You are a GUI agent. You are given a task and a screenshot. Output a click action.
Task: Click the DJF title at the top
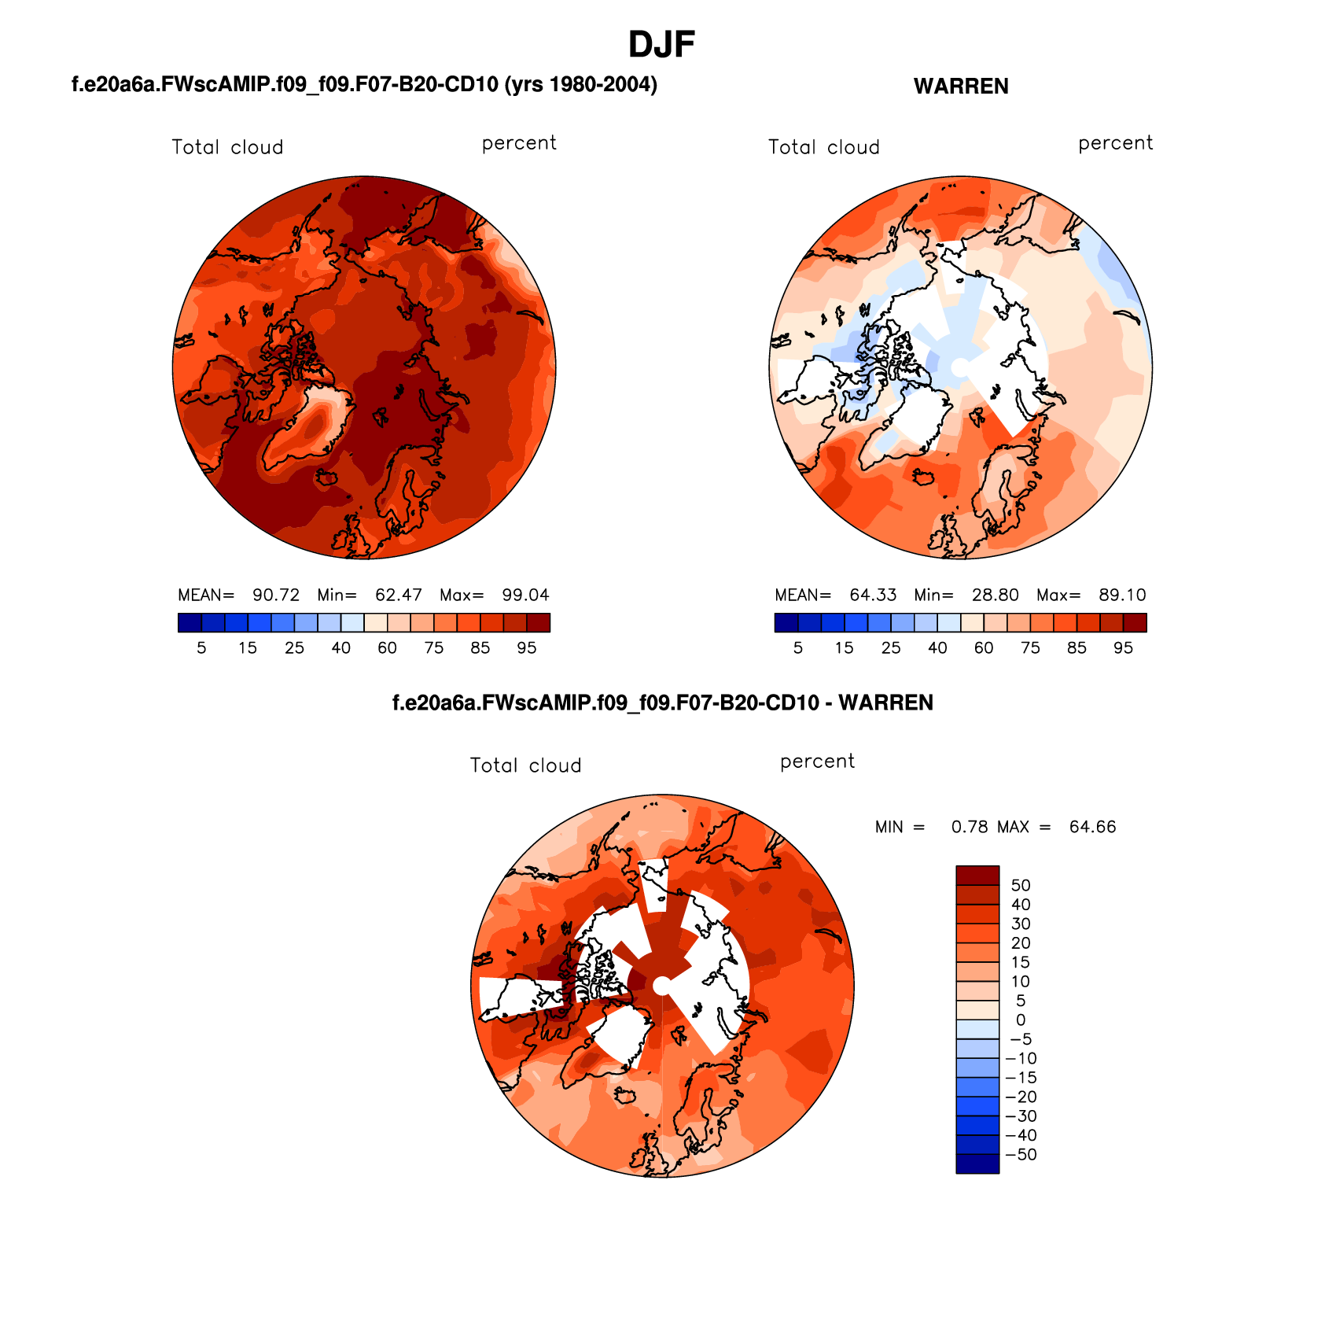point(661,45)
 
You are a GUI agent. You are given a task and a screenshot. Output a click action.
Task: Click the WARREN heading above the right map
point(960,87)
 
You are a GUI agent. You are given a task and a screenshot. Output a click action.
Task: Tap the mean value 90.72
point(275,595)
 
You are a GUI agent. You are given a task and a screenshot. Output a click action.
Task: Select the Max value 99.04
point(525,595)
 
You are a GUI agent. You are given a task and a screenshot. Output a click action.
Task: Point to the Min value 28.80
point(995,595)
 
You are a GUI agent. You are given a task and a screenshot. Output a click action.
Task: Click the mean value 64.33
point(872,595)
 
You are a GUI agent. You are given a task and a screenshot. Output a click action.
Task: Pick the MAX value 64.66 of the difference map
point(1092,827)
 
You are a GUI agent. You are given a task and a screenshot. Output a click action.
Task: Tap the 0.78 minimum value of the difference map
point(969,827)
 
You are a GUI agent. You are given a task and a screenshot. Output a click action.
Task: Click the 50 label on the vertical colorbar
point(1020,885)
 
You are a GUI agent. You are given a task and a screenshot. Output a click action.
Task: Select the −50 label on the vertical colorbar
point(1021,1154)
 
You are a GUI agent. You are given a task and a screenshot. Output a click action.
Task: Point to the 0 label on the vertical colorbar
point(1020,1020)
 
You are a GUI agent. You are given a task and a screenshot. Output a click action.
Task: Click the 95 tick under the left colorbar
point(526,647)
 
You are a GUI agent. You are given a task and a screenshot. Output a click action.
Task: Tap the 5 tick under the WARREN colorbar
point(797,647)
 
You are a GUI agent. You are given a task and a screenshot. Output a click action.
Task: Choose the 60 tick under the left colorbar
point(387,647)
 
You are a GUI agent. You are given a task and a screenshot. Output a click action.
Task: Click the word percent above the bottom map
point(817,762)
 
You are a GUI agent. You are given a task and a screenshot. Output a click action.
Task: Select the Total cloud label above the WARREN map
point(823,147)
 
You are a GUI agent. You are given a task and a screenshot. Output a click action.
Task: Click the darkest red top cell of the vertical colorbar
point(977,875)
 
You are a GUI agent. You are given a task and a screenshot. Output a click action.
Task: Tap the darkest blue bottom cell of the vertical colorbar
point(977,1164)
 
